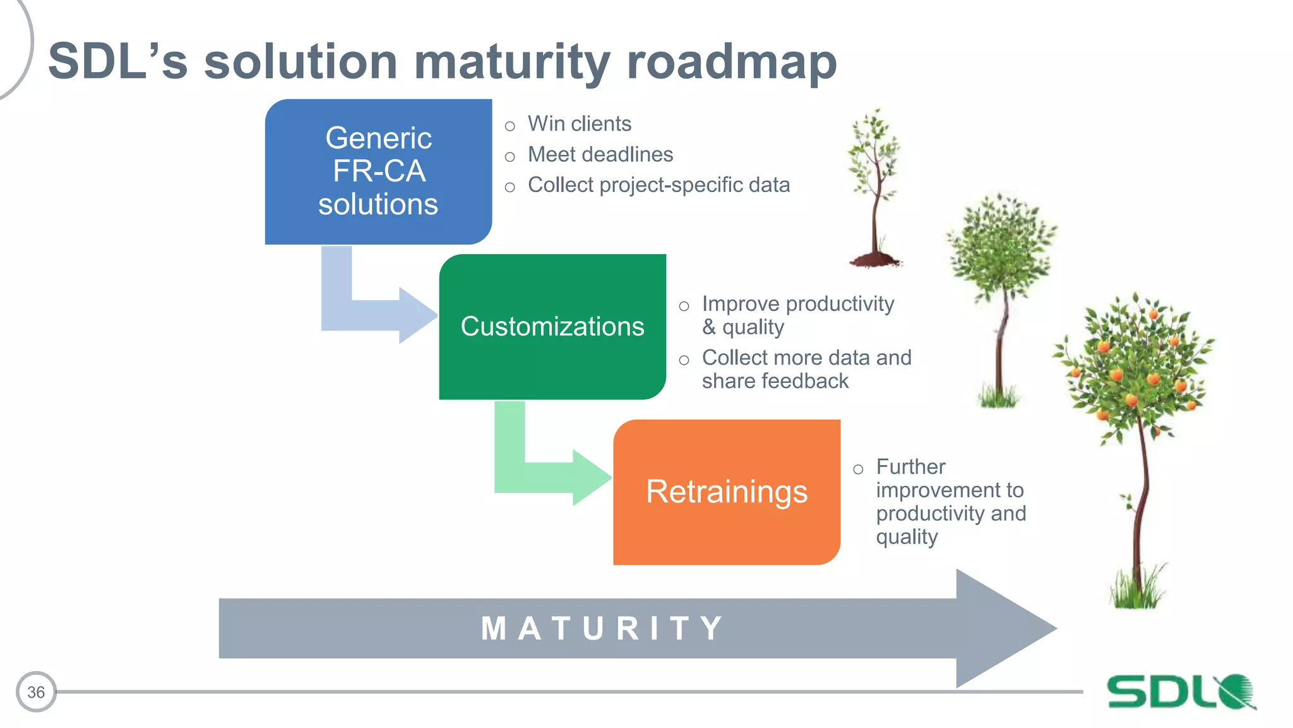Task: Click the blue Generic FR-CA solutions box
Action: pyautogui.click(x=378, y=171)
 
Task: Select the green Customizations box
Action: pyautogui.click(x=552, y=327)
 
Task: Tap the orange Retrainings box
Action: pyautogui.click(x=726, y=492)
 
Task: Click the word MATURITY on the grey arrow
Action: pyautogui.click(x=603, y=629)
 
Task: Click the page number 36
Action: pyautogui.click(x=36, y=692)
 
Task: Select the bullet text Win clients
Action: pyautogui.click(x=579, y=124)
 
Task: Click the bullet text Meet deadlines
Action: pyautogui.click(x=600, y=155)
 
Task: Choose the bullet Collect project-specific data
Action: pyautogui.click(x=658, y=185)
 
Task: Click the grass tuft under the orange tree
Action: pyautogui.click(x=1136, y=591)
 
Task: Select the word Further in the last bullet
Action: pyautogui.click(x=910, y=467)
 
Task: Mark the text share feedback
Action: pyautogui.click(x=775, y=381)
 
